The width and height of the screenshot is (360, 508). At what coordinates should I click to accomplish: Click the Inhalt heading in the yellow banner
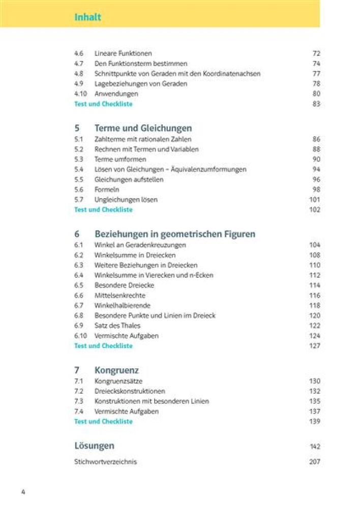coord(87,17)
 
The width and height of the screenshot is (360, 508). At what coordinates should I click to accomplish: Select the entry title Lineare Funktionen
coord(123,53)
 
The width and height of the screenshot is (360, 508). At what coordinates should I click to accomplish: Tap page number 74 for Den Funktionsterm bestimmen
coord(316,63)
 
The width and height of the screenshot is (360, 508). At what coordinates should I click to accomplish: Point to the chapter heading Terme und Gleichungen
coord(143,128)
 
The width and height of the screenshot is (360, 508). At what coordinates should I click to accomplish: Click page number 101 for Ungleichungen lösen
coord(314,200)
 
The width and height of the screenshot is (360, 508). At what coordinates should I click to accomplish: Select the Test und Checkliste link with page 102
coord(103,209)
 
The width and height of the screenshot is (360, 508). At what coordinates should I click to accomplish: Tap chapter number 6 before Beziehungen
coord(77,234)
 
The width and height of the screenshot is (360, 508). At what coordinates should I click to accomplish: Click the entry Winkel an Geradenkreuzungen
coord(140,245)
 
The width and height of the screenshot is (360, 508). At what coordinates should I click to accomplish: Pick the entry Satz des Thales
coord(117,326)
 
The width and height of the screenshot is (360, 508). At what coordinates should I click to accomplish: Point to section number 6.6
coord(79,295)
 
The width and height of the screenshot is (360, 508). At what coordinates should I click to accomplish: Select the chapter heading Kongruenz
coord(116,370)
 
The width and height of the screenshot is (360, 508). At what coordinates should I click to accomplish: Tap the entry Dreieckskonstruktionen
coord(130,391)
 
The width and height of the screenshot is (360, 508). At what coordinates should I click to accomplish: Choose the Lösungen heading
coord(94,446)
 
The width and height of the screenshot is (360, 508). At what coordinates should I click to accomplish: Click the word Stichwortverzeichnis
coord(105,462)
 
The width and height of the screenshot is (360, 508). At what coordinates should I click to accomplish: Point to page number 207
coord(314,462)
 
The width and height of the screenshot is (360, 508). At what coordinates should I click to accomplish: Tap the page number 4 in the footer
coord(23,492)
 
